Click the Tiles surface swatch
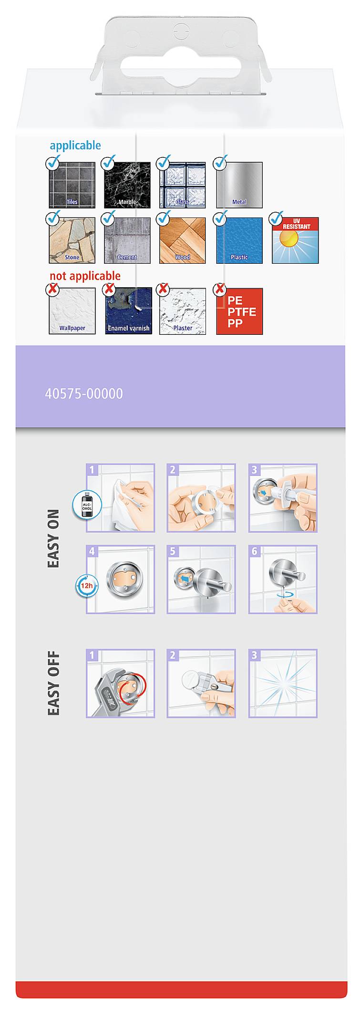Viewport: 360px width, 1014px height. click(72, 185)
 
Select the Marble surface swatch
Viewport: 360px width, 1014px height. click(127, 185)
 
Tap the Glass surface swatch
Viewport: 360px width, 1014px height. click(183, 185)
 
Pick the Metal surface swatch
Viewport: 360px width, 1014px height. click(239, 185)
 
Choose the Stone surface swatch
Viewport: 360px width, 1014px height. click(72, 240)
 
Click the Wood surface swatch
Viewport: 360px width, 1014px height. click(183, 240)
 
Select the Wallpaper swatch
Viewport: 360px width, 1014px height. click(72, 311)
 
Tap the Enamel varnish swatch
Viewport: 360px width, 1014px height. click(128, 311)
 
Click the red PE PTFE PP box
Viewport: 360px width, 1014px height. click(239, 311)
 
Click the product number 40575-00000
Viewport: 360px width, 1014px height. click(84, 393)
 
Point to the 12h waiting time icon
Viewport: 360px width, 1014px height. click(86, 586)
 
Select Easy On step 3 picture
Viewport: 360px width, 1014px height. click(283, 498)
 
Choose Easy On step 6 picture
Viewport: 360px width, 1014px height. click(283, 579)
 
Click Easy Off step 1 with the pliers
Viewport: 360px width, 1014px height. click(120, 683)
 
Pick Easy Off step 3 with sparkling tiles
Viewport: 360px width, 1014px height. click(283, 683)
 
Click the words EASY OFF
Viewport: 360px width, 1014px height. click(53, 683)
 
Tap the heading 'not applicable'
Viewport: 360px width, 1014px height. click(85, 276)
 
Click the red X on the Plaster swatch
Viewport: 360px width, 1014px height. click(164, 289)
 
